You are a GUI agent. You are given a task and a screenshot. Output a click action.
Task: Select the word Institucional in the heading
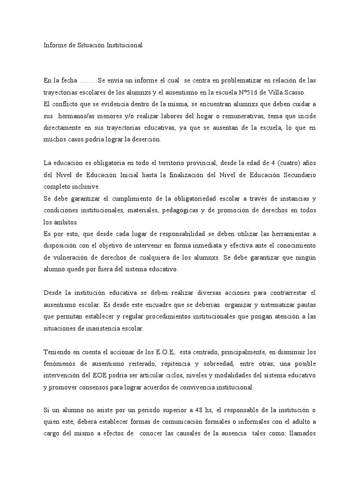123,45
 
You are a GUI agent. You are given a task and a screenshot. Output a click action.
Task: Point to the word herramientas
286,233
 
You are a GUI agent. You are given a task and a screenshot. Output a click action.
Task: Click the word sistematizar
275,304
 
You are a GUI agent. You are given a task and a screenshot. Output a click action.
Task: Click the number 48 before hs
188,411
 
